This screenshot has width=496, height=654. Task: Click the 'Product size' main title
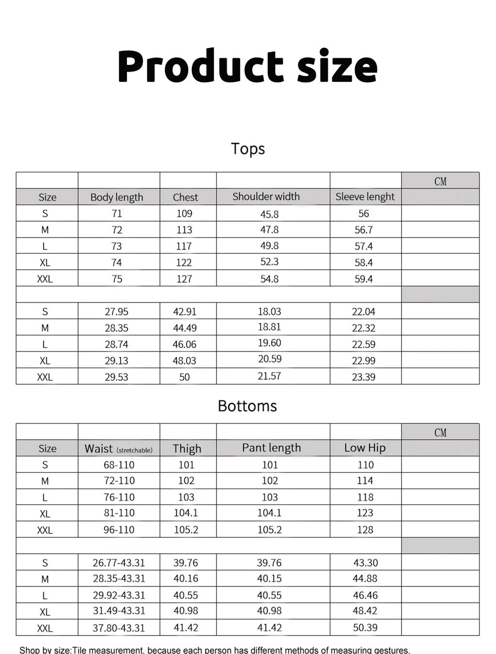pos(248,67)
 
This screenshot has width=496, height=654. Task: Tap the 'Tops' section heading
pos(248,149)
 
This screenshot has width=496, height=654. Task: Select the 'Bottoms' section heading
pos(247,406)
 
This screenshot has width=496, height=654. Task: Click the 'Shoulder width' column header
pos(266,197)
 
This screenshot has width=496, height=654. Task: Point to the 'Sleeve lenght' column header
pos(365,197)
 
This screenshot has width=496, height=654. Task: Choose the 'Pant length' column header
pos(271,448)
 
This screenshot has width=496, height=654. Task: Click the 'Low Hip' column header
pos(365,448)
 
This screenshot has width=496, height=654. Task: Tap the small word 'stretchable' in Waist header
pos(134,450)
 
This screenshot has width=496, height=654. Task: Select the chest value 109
pos(184,213)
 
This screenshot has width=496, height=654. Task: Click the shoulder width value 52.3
pos(269,262)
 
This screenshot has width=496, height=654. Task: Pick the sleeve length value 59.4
pos(363,279)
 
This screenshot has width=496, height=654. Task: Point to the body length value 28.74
pos(116,344)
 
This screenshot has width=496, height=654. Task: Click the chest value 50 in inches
pos(184,377)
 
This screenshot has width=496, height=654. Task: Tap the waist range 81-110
pos(119,513)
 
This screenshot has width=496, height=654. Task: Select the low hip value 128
pos(365,530)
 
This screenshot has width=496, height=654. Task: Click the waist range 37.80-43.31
pos(119,628)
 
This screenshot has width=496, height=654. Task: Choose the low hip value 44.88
pos(365,578)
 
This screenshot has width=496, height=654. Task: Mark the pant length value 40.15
pos(269,578)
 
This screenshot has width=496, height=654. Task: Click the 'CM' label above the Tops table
pos(440,182)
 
